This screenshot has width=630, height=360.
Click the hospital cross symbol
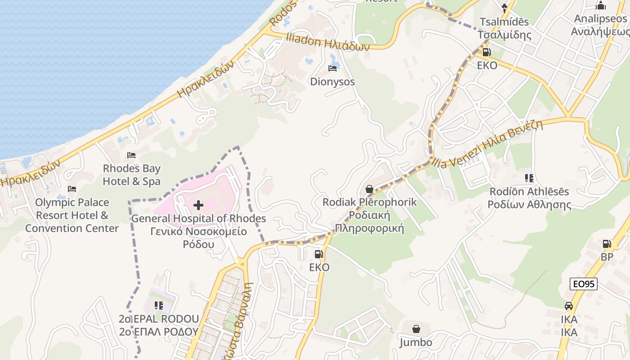(x=198, y=206)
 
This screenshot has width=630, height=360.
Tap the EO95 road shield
(x=583, y=284)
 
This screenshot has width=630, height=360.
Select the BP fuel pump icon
(x=607, y=244)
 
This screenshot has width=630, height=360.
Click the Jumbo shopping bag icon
(x=416, y=329)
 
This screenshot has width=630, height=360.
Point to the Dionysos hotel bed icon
(x=333, y=68)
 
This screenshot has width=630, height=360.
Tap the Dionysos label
(x=333, y=82)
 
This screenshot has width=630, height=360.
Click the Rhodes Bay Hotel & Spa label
(x=131, y=175)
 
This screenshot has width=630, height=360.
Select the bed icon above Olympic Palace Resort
(x=72, y=189)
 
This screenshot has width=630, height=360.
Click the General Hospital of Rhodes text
(x=198, y=219)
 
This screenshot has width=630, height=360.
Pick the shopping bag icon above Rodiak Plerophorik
(x=369, y=189)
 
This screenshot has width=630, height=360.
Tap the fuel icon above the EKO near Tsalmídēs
(x=487, y=52)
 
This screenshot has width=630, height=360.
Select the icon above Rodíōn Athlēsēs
(x=529, y=178)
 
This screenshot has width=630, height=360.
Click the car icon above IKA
(x=569, y=306)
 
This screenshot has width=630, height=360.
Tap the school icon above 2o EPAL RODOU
(x=158, y=306)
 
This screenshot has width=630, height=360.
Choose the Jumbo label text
(x=416, y=342)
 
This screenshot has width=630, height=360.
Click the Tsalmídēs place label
(x=504, y=28)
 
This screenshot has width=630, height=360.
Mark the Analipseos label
(x=599, y=25)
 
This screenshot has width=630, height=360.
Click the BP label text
(x=607, y=257)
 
